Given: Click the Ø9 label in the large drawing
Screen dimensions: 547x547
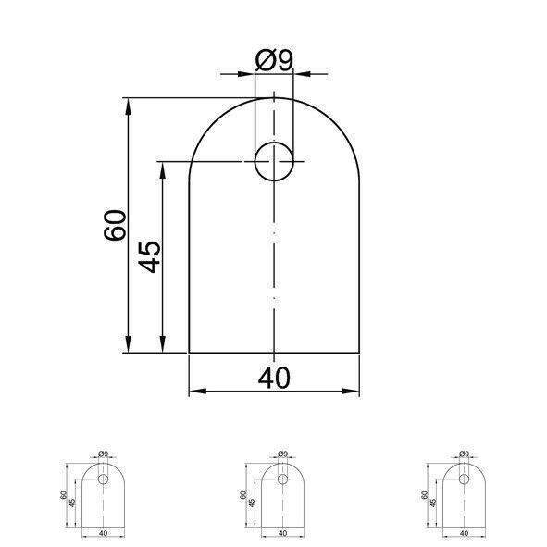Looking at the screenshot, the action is (x=274, y=60).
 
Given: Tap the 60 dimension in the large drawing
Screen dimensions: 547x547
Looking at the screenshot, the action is (x=115, y=225).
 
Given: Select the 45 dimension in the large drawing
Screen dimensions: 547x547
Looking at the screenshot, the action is (x=149, y=257).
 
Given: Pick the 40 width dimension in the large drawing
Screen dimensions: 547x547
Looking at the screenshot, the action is (x=274, y=378).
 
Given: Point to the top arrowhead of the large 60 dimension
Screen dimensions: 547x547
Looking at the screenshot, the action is (x=129, y=106).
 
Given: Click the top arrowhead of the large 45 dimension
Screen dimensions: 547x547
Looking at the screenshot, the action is (x=162, y=170).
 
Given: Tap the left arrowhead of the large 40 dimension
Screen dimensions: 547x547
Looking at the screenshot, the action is (x=197, y=392).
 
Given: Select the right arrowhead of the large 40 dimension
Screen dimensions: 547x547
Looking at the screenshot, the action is (x=351, y=392).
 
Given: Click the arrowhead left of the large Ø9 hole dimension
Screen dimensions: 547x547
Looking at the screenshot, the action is (x=246, y=74).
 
